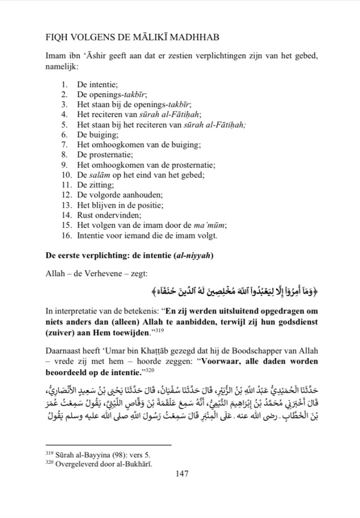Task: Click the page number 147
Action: [182, 474]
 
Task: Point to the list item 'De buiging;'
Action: [97, 135]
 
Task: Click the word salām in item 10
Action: [95, 175]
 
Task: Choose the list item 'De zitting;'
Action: [96, 185]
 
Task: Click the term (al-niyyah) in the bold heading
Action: [194, 255]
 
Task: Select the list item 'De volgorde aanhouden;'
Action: [114, 195]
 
